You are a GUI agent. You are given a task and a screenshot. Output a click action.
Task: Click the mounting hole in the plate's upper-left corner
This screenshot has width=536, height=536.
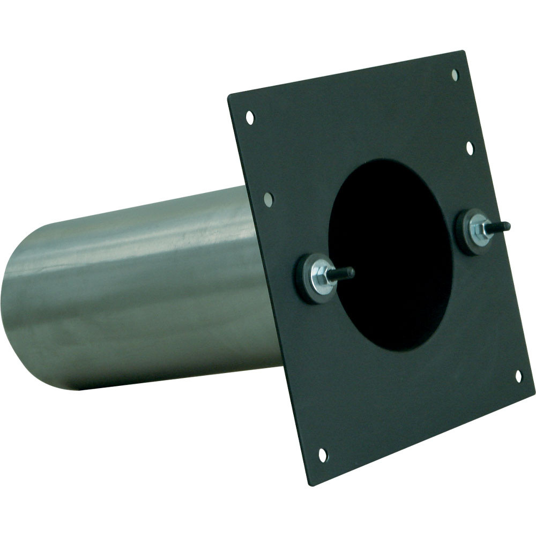tap(250, 117)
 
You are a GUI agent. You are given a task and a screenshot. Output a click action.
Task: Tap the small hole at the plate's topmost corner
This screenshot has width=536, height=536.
tap(455, 75)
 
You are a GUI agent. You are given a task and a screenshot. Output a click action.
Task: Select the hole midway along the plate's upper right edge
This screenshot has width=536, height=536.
tap(470, 147)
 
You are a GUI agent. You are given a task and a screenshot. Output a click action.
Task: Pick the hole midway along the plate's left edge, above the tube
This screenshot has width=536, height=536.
tap(269, 199)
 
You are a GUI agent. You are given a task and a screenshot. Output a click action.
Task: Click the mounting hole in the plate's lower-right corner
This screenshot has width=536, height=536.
tap(518, 376)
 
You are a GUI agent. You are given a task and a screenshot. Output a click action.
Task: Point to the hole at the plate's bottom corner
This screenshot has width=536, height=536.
tap(323, 455)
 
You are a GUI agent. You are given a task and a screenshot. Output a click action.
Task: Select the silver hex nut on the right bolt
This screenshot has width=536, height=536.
tap(477, 231)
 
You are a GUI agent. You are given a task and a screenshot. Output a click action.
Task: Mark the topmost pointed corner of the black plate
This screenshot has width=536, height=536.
tap(462, 51)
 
